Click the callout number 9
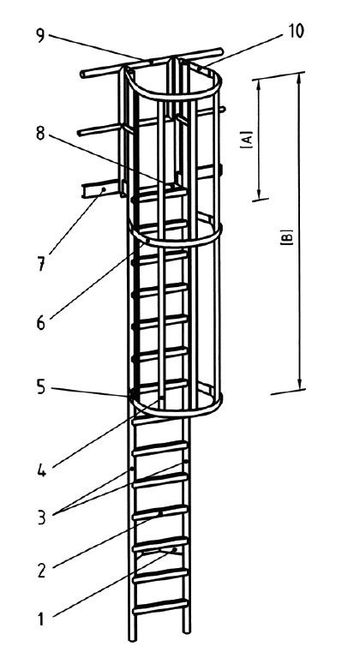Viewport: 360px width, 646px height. (40, 35)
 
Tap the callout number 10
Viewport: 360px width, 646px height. (296, 32)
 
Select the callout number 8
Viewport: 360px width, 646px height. (40, 134)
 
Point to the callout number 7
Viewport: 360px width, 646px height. (41, 264)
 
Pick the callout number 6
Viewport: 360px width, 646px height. (40, 323)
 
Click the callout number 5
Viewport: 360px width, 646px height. (40, 388)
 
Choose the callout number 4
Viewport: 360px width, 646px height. (41, 470)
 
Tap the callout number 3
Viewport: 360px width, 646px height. (41, 517)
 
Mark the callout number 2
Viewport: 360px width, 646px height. (41, 571)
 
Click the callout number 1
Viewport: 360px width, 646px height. (41, 619)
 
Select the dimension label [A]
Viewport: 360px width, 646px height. (247, 140)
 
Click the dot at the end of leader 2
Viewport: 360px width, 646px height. (160, 513)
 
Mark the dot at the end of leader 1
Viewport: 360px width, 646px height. (174, 549)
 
